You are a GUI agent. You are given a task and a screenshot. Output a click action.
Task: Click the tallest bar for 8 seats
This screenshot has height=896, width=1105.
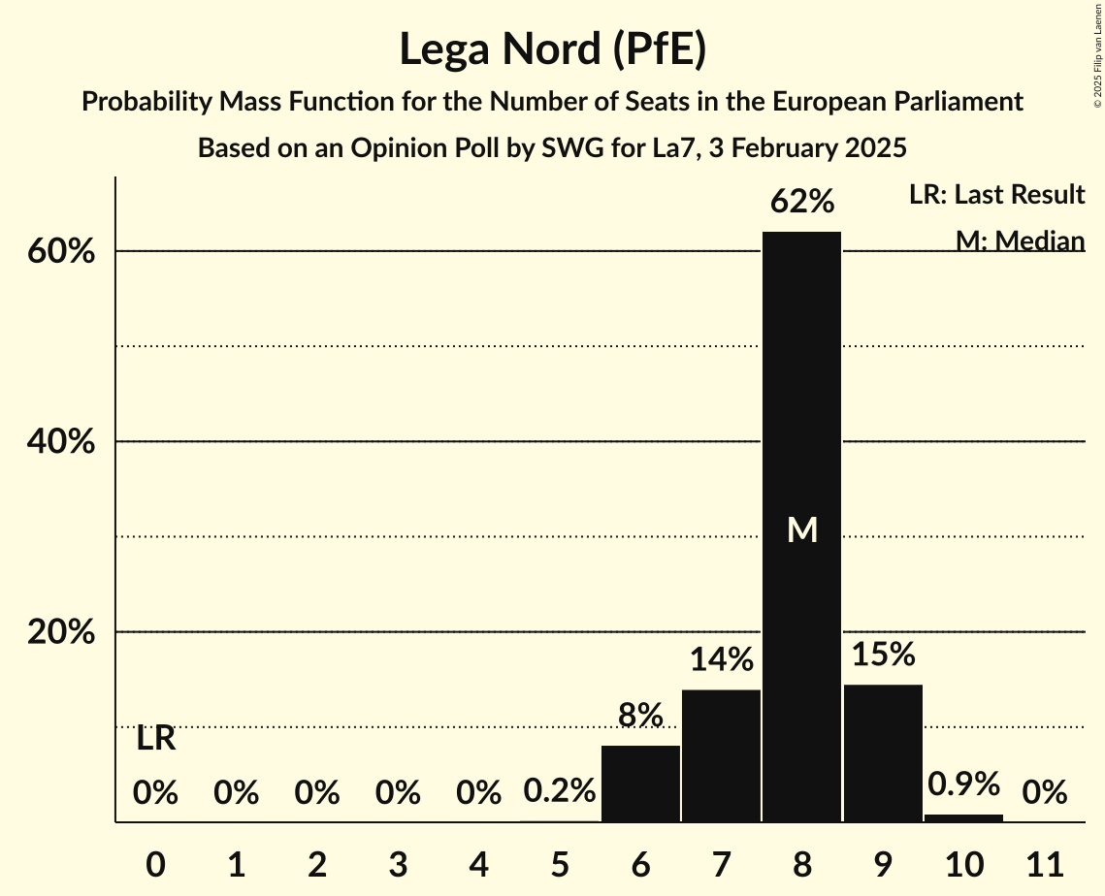click(x=801, y=407)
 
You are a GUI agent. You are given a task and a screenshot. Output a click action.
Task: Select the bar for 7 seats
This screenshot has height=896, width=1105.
click(x=721, y=755)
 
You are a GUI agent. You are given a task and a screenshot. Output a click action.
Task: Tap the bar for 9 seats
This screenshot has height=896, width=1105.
click(x=883, y=752)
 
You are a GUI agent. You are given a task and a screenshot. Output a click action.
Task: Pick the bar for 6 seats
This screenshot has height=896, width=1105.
click(x=640, y=784)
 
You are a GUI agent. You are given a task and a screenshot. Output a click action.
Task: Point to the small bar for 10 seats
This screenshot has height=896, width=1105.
click(x=963, y=817)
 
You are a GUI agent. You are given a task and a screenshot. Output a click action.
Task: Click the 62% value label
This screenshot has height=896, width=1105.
click(x=801, y=202)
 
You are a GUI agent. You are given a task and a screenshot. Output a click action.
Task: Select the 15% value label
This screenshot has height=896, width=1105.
click(x=883, y=655)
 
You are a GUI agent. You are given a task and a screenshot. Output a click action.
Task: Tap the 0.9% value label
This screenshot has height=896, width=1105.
click(x=963, y=784)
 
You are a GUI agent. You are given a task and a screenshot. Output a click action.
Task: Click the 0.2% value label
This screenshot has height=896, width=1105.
click(x=559, y=791)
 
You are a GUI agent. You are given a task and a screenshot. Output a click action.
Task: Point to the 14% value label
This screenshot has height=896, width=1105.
click(x=721, y=660)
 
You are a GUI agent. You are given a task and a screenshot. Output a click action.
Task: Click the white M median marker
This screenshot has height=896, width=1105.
click(x=801, y=529)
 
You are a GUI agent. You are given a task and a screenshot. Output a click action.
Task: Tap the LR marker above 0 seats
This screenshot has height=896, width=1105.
click(x=155, y=739)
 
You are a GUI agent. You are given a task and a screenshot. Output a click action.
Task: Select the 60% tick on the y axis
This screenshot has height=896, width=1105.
click(x=60, y=252)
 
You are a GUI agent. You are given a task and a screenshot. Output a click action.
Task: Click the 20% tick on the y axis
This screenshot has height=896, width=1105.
click(x=60, y=633)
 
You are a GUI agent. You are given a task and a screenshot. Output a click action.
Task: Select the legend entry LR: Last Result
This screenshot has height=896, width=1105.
click(x=996, y=195)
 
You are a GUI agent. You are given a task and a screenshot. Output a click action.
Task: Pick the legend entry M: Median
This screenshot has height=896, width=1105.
click(x=1019, y=240)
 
